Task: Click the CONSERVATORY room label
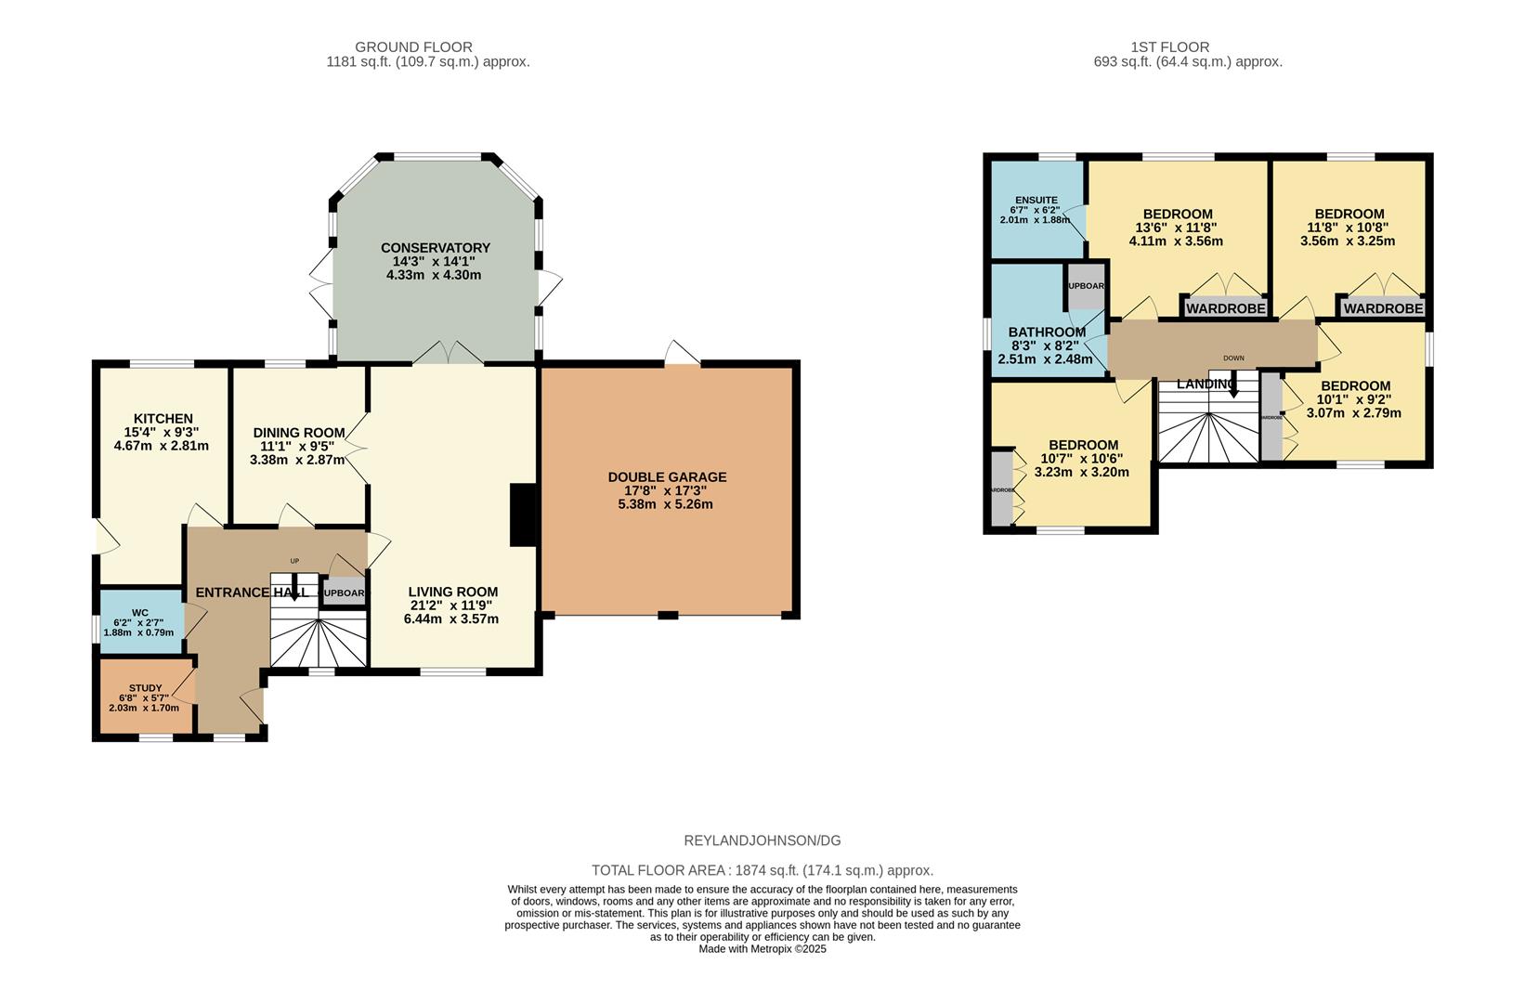[435, 248]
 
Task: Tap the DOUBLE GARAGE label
[667, 477]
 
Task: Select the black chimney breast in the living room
[524, 515]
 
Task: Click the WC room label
[140, 613]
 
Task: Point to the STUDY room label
[145, 688]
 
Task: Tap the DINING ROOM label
[298, 433]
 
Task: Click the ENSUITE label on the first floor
[1036, 200]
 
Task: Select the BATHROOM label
[1047, 332]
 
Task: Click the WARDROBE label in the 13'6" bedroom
[1225, 308]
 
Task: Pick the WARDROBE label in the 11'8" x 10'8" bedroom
[1382, 308]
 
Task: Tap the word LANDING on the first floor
[1205, 384]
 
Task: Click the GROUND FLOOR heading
[413, 46]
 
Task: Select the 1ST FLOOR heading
[1169, 46]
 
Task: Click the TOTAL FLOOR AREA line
[762, 870]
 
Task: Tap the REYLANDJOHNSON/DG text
[762, 840]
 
